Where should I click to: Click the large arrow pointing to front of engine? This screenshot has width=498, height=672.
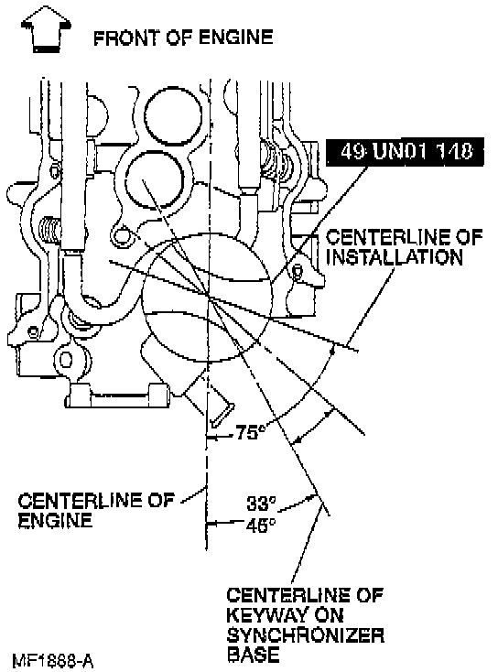tap(46, 30)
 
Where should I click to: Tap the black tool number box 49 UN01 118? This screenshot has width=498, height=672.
tap(405, 151)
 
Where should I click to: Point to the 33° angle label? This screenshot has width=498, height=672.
tap(261, 503)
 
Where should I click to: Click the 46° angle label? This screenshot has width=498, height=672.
tap(261, 525)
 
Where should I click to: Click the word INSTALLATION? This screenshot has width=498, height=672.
tap(395, 257)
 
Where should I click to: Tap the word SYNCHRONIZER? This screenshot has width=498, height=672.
tap(305, 635)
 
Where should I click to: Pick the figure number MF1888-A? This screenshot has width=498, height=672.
tap(53, 660)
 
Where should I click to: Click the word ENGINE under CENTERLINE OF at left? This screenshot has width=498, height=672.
tap(55, 520)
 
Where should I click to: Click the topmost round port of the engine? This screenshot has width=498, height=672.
tap(172, 115)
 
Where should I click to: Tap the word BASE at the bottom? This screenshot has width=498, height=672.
tap(253, 655)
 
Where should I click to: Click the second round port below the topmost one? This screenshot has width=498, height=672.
tap(155, 180)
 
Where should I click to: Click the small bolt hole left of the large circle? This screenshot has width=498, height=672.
tap(121, 236)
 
